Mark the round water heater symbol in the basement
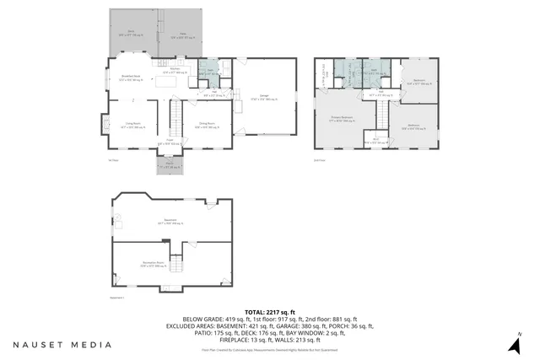click(119, 218)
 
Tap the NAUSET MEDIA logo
click(62, 345)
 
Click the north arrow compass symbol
click(513, 345)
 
